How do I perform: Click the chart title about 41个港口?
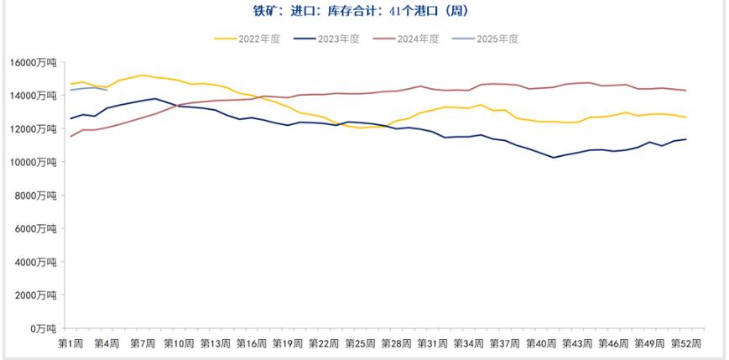365,11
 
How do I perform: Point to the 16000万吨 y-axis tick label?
33,63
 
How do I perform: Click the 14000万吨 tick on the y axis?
33,96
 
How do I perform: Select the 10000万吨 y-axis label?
33,162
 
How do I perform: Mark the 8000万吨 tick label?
35,196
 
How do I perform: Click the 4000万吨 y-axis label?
35,262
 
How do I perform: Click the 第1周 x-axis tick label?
70,343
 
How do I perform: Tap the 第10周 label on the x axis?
179,343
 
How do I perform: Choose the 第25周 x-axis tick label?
360,343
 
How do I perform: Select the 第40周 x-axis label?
541,343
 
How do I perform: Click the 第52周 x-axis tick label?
685,343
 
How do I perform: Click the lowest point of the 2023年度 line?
554,158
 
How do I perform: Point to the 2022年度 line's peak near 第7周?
143,76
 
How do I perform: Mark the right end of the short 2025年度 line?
107,90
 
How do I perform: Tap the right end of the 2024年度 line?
686,91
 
